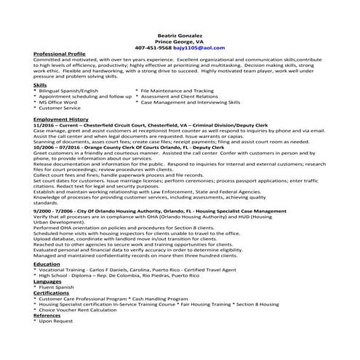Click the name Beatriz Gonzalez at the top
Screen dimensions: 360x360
(x=180, y=36)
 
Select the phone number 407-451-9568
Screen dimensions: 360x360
(x=161, y=48)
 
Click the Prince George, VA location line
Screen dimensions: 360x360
(x=180, y=42)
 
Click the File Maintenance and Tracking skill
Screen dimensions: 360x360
(x=177, y=91)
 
